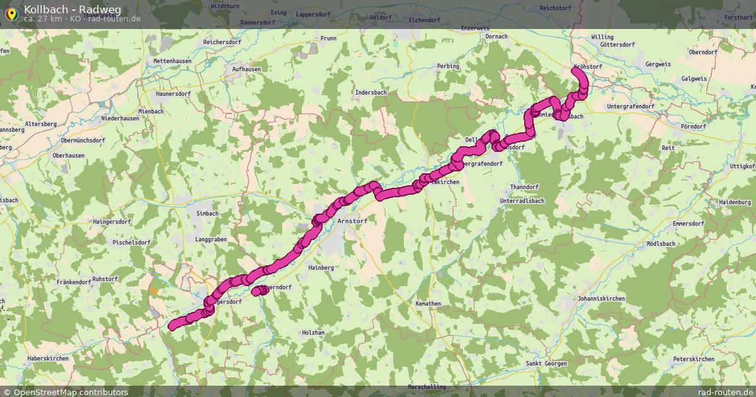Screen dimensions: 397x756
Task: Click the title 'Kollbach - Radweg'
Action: coord(72,9)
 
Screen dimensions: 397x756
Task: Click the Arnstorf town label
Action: coord(353,221)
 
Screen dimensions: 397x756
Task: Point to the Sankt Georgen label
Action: coord(546,364)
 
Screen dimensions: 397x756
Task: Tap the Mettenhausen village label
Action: coord(172,61)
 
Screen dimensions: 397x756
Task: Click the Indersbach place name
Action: coord(371,93)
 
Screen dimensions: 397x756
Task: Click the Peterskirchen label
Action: coord(694,359)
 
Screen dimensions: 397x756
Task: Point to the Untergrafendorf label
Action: coord(631,106)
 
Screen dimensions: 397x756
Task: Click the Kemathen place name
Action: coord(428,303)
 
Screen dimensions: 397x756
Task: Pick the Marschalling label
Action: coord(427,387)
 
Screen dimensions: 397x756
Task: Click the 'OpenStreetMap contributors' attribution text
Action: coord(71,392)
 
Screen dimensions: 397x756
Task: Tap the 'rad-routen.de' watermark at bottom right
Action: coord(725,392)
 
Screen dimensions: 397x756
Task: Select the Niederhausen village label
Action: coord(120,118)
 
